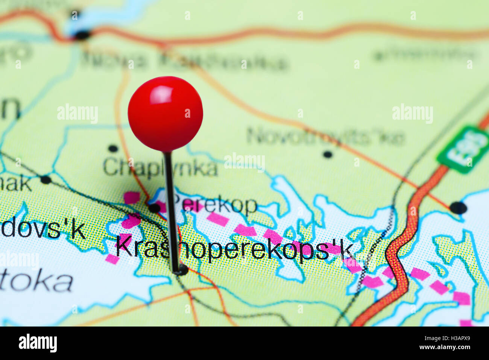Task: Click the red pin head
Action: click(165, 114)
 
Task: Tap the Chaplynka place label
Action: click(160, 168)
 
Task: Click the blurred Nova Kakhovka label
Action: click(184, 60)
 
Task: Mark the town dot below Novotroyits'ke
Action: click(328, 154)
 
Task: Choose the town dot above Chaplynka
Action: click(113, 148)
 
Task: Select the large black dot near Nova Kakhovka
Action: click(82, 35)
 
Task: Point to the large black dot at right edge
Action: click(458, 208)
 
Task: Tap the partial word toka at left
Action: click(36, 282)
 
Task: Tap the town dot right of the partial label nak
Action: click(46, 179)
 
